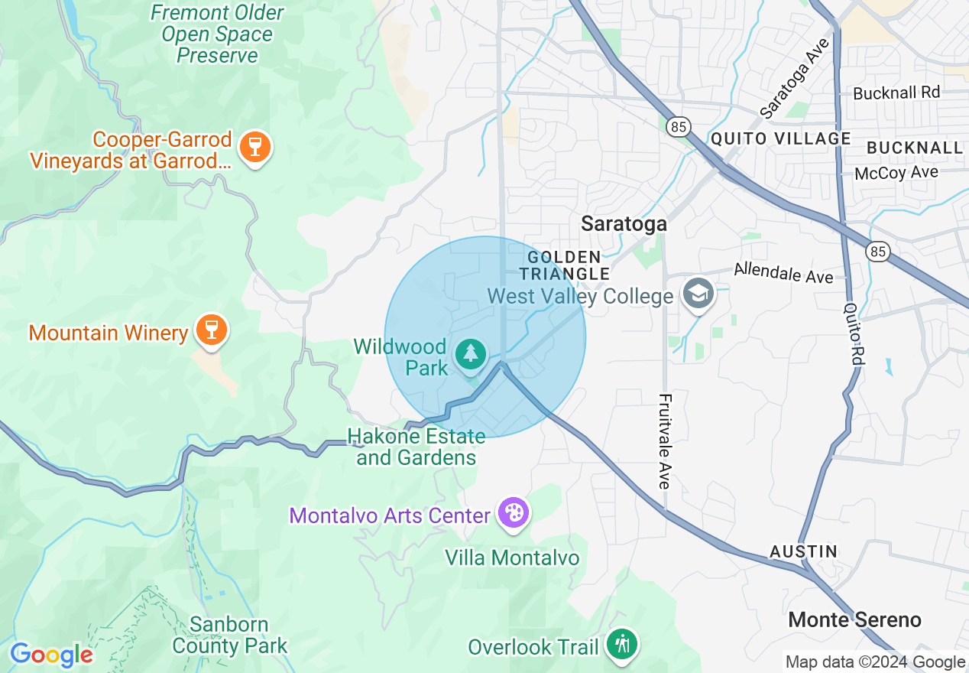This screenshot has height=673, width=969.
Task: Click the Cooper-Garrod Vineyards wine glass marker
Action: [x=251, y=148]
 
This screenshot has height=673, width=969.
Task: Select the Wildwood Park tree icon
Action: [x=471, y=354]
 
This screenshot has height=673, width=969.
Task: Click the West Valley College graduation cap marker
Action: [x=697, y=294]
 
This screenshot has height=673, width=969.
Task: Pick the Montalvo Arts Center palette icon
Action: [x=513, y=512]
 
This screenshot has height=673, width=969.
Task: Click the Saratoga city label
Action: [x=624, y=223]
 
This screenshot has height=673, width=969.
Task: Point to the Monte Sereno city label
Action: [x=854, y=619]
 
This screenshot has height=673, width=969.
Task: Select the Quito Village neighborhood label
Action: [x=780, y=138]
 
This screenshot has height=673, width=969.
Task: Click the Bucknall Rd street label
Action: [x=896, y=93]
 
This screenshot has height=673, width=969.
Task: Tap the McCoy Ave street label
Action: [x=896, y=173]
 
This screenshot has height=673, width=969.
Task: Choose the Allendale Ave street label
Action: [x=783, y=272]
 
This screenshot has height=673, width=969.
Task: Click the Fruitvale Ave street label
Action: [x=665, y=441]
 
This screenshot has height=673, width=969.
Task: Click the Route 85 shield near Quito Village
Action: [x=678, y=126]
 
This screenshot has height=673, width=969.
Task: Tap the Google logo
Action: [x=51, y=655]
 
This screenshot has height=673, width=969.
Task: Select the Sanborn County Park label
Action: [x=229, y=635]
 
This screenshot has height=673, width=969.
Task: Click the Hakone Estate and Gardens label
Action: [x=416, y=447]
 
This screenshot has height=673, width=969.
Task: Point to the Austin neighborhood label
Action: [x=803, y=551]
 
